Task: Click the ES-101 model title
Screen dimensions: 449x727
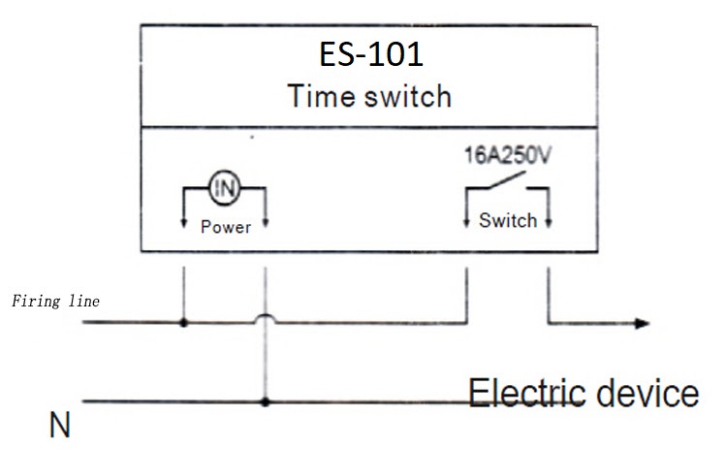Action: (x=371, y=53)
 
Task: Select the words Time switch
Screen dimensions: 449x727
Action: (x=370, y=96)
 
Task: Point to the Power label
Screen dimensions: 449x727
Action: (x=225, y=228)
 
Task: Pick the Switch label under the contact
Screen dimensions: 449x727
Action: (x=507, y=221)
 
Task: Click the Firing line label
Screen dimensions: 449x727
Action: (x=55, y=301)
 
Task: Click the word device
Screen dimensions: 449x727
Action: (x=647, y=394)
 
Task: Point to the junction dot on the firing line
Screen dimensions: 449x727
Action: (x=183, y=321)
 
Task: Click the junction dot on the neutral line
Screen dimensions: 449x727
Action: (x=265, y=401)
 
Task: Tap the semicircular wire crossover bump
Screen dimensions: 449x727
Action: (x=265, y=316)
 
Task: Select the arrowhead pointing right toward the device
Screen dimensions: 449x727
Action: (x=641, y=322)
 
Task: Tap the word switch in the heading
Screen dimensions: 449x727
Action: (x=409, y=96)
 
